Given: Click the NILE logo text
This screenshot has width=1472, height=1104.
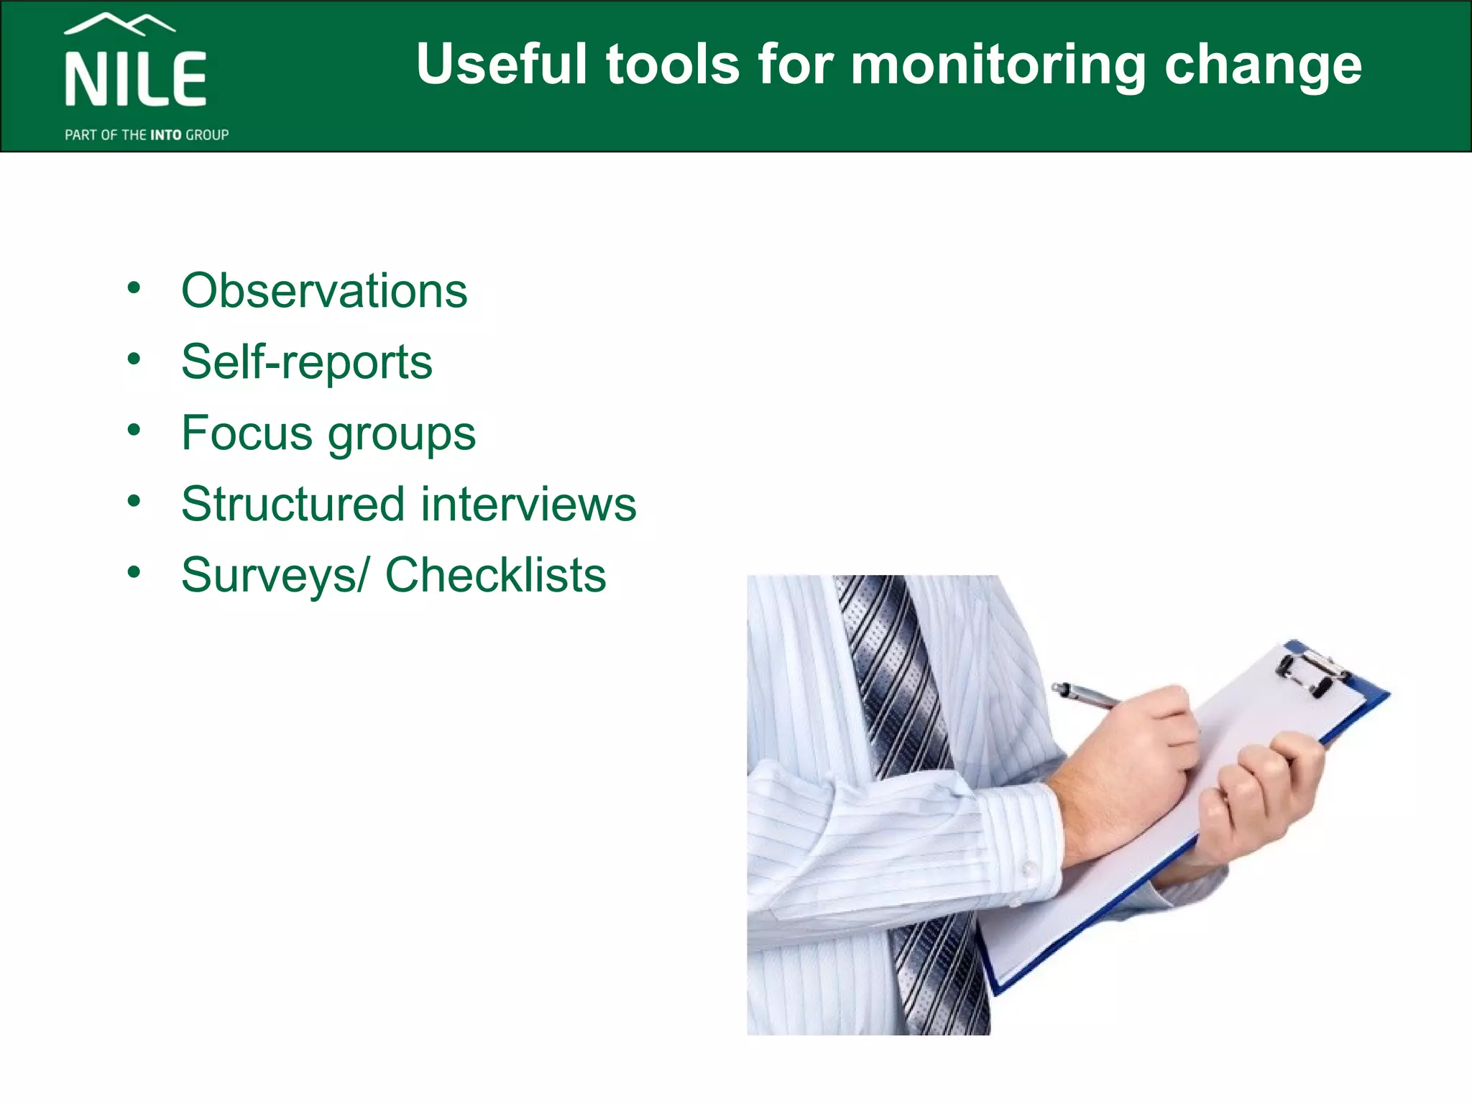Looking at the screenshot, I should tap(136, 79).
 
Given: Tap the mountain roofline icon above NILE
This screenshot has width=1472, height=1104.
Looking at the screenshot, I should tap(119, 24).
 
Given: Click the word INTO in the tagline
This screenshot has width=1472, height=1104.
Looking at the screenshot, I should tap(165, 135).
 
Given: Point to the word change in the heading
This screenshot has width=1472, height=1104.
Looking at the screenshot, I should tap(1263, 65).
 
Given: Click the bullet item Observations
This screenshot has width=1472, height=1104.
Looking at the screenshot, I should tap(324, 290).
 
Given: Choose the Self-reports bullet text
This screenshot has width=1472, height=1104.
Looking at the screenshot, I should tap(307, 362).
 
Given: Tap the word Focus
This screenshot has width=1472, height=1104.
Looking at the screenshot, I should tap(247, 433).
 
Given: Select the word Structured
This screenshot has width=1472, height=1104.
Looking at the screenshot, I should tap(293, 504).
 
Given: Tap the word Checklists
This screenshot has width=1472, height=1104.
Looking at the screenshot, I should tap(496, 575).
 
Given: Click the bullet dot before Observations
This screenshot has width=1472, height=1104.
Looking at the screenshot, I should tap(134, 288).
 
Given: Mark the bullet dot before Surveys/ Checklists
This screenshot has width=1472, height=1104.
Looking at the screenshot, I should tap(134, 572).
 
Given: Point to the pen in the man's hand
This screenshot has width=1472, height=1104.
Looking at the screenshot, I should tap(1085, 695).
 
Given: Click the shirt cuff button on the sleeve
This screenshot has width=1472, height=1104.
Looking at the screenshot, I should tap(1029, 868).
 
